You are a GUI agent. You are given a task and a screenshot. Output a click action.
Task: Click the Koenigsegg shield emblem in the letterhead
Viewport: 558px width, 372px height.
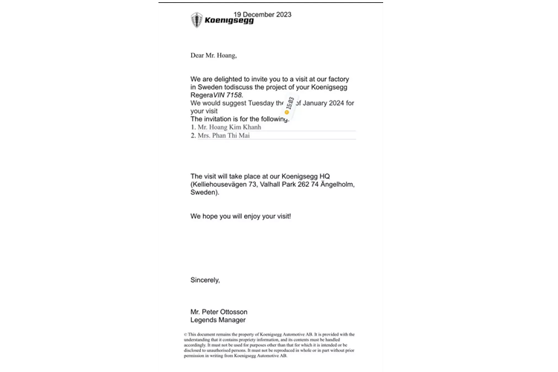pos(196,20)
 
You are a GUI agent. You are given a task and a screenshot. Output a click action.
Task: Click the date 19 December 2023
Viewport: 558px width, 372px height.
pos(262,14)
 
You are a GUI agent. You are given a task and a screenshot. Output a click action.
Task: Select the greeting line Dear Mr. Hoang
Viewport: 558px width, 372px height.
pos(214,55)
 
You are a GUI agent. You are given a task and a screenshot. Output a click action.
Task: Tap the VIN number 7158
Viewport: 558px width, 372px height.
pos(232,95)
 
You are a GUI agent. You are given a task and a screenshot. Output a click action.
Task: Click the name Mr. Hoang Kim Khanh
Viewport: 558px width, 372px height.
pos(229,127)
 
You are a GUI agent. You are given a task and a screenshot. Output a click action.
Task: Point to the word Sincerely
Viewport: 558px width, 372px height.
pos(205,280)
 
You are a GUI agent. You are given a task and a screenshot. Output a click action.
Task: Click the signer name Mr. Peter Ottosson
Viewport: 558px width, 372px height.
pos(219,312)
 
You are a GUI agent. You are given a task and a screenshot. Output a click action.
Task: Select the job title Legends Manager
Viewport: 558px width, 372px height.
pos(218,320)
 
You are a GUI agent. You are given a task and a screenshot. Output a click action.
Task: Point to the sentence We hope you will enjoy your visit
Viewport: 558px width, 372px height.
pos(240,216)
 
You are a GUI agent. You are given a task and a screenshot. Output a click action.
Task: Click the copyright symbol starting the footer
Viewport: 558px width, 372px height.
pos(185,335)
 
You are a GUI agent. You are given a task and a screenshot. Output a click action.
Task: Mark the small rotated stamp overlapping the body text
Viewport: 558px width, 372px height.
pos(289,106)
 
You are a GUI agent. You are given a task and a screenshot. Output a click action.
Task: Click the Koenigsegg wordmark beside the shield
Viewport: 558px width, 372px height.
pos(229,21)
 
